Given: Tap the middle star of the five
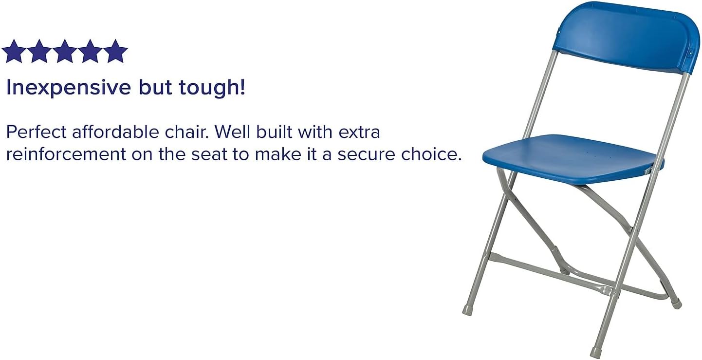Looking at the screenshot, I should click(x=64, y=52).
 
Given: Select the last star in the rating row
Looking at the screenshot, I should click(x=115, y=52).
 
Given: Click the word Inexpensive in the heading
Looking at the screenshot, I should click(x=69, y=88).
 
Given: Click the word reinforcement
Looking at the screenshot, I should click(x=66, y=154).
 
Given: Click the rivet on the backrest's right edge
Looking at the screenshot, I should click(x=692, y=52).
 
